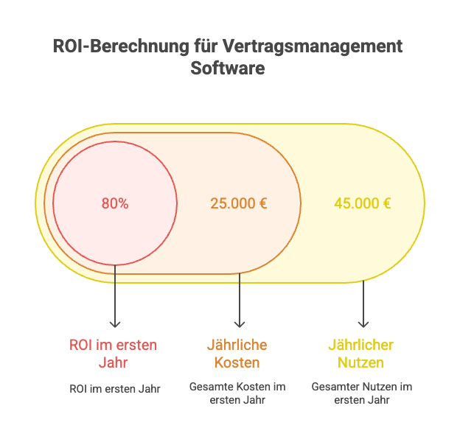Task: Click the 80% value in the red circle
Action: pos(115,204)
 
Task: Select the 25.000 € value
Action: pos(239,204)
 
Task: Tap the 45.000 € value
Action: pos(363,204)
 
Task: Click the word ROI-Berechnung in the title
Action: pos(118,46)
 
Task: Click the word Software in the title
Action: pos(229,69)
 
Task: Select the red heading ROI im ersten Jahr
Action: pos(114,354)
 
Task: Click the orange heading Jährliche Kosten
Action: pos(237,354)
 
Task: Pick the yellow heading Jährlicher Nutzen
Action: pos(361,354)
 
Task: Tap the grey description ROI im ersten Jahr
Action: pos(114,387)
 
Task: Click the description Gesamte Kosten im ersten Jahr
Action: pos(237,393)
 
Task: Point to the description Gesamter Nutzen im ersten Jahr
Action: pos(361,393)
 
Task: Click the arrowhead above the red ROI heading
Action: pos(115,324)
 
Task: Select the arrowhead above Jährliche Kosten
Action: pos(239,324)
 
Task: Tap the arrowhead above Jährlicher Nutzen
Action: pos(363,324)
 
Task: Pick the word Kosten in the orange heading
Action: pos(237,362)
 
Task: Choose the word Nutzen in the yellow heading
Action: pos(361,362)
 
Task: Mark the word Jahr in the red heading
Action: pos(114,362)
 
